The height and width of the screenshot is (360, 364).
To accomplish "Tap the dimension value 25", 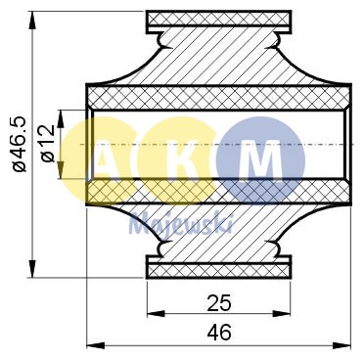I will tap(219, 301).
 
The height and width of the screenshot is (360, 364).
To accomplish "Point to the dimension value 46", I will tap(219, 333).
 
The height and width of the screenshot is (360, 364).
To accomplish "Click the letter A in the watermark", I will tap(104, 157).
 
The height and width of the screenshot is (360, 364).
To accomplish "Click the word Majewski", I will tap(180, 222).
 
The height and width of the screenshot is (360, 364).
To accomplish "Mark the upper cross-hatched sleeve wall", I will tap(219, 97).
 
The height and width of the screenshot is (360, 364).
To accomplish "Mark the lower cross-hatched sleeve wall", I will tap(219, 192).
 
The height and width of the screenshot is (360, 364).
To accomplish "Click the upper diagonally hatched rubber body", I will tap(219, 59).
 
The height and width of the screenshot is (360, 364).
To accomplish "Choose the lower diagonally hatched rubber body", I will tap(219, 233).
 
